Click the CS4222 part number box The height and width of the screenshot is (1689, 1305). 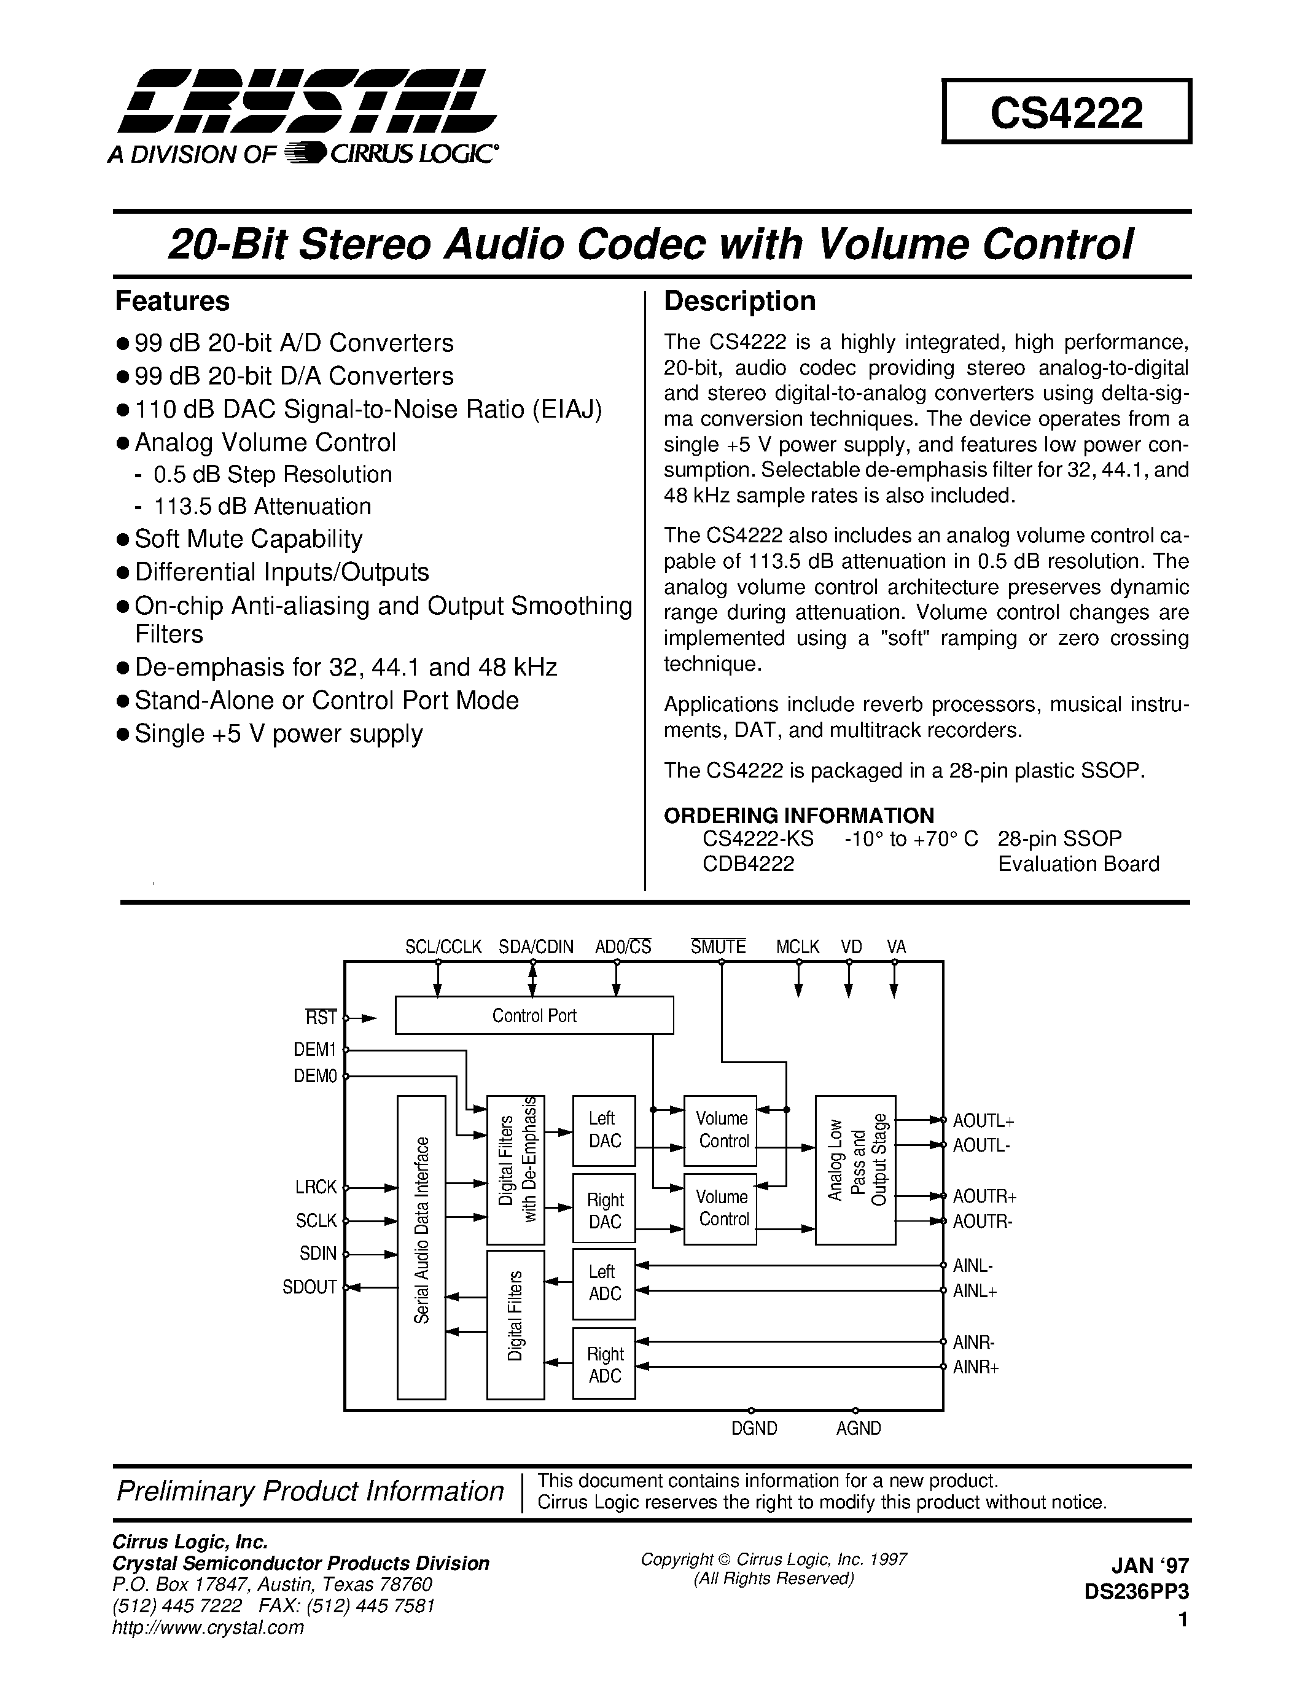click(1066, 112)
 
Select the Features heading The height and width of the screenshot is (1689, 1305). click(173, 301)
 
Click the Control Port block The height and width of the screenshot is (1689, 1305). click(534, 1015)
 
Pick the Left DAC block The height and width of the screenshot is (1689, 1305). click(604, 1130)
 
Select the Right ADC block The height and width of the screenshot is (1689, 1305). click(604, 1365)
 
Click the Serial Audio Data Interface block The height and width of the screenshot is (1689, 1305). click(421, 1247)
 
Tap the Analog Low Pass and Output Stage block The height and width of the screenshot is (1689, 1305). click(856, 1169)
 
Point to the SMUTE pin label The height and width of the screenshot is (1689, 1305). click(719, 946)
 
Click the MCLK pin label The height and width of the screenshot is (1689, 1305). click(798, 946)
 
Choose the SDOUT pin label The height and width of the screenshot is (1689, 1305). click(310, 1287)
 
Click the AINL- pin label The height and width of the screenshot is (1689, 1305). click(973, 1266)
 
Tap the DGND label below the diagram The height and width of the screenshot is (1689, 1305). click(754, 1429)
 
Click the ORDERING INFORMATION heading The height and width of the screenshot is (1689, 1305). click(798, 815)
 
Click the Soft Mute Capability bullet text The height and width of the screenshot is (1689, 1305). click(248, 539)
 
